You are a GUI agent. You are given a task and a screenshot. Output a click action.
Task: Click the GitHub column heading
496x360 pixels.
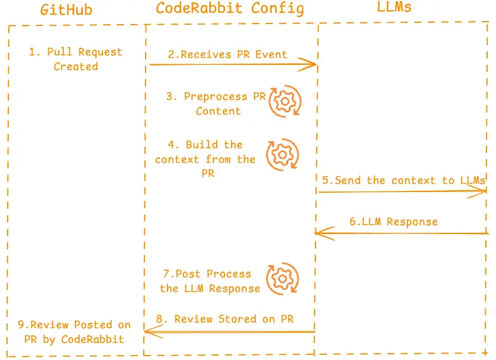click(66, 10)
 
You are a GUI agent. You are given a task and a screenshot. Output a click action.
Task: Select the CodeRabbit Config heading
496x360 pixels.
click(230, 9)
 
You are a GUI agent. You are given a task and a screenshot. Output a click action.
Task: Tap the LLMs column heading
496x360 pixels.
click(394, 7)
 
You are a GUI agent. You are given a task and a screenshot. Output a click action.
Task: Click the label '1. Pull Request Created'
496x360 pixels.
click(76, 59)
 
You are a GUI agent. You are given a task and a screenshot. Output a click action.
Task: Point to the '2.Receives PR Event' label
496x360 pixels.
click(228, 54)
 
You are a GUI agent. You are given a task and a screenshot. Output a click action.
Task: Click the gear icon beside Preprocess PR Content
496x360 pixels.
click(285, 102)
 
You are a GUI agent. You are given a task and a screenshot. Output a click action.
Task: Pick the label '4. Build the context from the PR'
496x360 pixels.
click(205, 158)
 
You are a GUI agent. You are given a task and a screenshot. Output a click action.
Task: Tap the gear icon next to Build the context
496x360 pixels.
click(282, 155)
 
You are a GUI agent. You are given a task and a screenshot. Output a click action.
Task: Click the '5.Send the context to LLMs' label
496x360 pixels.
click(404, 180)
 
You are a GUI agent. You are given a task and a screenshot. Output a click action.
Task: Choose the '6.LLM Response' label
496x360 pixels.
click(394, 222)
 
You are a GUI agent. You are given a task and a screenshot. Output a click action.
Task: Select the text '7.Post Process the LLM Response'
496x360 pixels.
click(210, 281)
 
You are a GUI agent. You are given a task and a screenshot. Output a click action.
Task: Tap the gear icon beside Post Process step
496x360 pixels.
click(282, 279)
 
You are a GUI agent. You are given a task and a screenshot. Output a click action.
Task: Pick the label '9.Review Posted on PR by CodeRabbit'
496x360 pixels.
click(74, 332)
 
